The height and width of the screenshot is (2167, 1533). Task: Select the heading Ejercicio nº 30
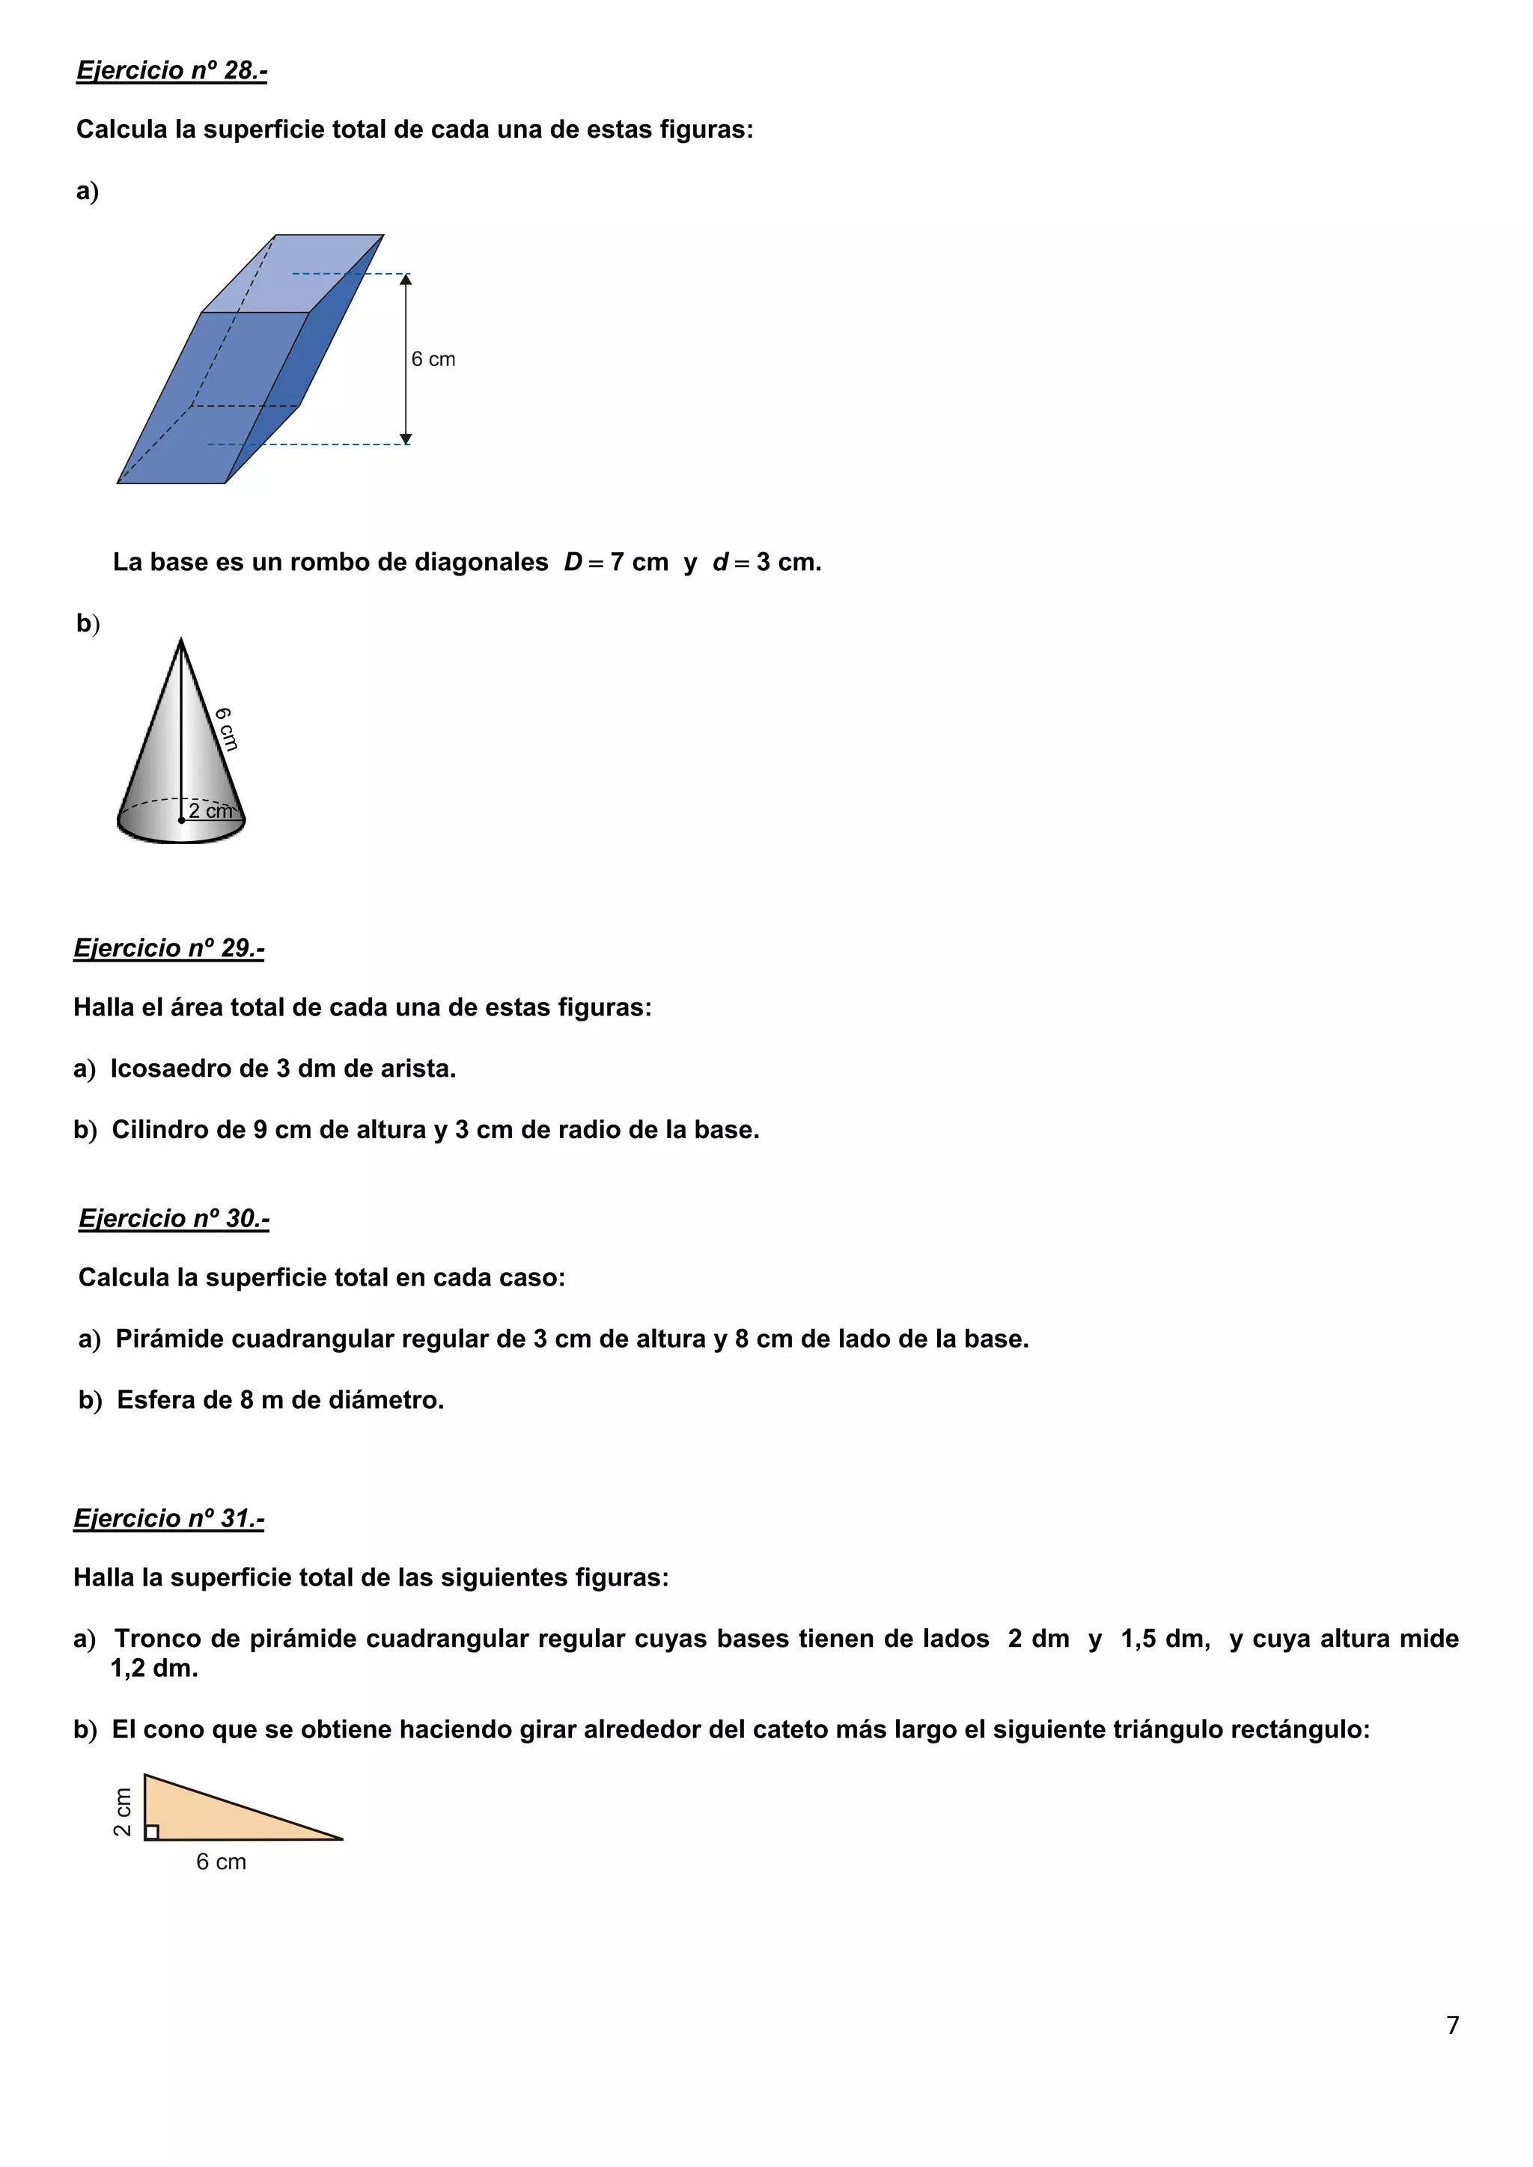(x=174, y=1217)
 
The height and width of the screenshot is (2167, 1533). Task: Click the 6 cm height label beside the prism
(x=433, y=360)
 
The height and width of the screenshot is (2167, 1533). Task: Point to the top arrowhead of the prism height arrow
(x=406, y=278)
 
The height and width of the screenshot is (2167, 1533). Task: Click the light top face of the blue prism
(x=293, y=274)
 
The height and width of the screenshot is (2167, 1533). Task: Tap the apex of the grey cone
(x=181, y=642)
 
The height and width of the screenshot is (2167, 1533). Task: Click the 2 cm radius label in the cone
(x=210, y=810)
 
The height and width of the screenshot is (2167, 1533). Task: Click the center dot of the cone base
(x=181, y=821)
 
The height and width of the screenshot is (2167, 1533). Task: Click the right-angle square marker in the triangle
(x=152, y=1832)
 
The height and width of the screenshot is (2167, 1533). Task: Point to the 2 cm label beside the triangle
(x=123, y=1812)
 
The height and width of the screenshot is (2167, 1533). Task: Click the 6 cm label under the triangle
(x=221, y=1862)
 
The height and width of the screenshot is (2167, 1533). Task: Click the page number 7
(x=1453, y=2025)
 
